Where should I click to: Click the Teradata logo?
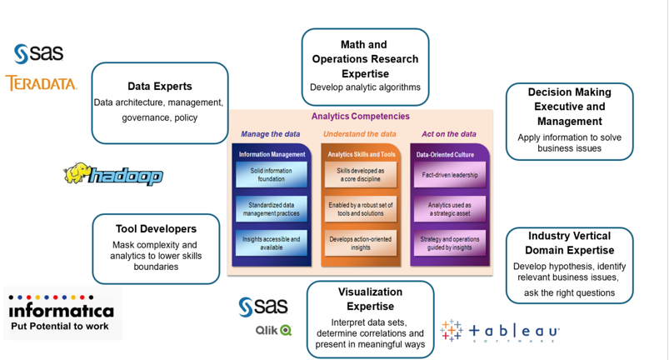point(41,83)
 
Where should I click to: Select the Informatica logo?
point(60,313)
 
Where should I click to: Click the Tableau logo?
point(500,331)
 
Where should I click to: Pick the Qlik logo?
point(273,330)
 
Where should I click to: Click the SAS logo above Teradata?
point(38,53)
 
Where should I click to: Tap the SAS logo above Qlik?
point(262,306)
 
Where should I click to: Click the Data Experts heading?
point(159,86)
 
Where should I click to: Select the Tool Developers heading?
point(156,228)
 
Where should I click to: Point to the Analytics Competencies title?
point(360,117)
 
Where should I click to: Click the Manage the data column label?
point(270,134)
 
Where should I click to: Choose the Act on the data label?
point(448,134)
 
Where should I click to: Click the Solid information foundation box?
point(272,175)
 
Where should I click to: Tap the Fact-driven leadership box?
point(449,175)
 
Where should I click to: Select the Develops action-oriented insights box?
point(361,242)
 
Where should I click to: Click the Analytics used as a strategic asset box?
point(449,209)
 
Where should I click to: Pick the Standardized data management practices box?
point(272,209)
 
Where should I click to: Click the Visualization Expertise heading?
point(370,299)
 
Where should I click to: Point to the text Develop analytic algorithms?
point(365,87)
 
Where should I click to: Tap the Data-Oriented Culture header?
point(447,154)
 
